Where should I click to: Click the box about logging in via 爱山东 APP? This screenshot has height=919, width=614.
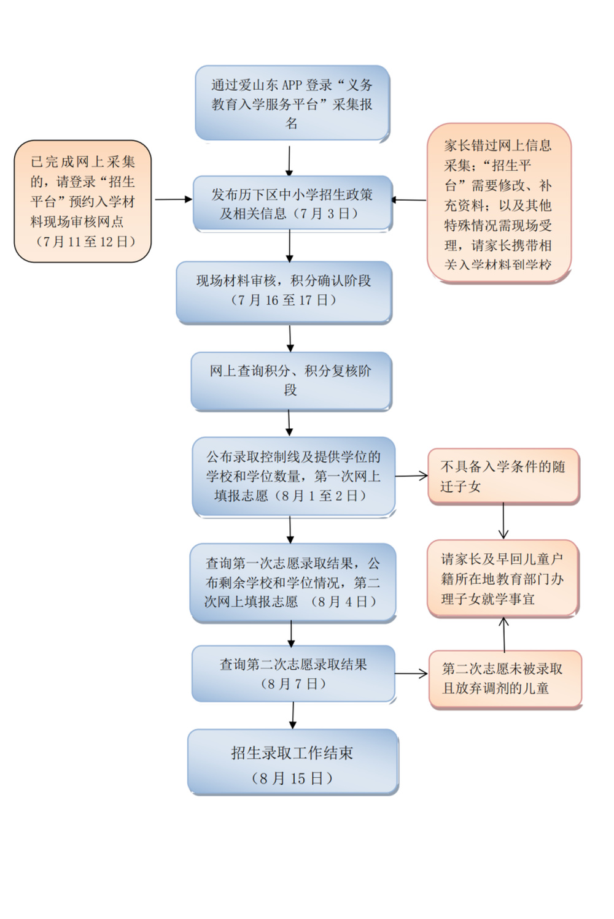coord(292,103)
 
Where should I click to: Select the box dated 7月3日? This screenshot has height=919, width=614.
coord(292,204)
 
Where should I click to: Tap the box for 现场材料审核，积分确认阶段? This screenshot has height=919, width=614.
coord(284,291)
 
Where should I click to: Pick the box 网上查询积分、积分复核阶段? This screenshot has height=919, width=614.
coord(290,380)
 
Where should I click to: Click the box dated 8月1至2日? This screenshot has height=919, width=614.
coord(293,476)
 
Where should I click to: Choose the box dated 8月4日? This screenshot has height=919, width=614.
coord(292,582)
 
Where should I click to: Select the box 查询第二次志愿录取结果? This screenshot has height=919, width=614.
coord(293,673)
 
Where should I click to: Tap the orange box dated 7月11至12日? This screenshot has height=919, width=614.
coord(83,201)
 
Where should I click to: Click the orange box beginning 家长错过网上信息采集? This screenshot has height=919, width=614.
coord(499,204)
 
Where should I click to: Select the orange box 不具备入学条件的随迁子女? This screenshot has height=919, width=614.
coord(503,476)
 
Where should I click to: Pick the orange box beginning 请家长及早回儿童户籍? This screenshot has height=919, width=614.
coord(502,578)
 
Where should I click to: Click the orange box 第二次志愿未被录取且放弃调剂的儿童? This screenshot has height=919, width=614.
coord(505,679)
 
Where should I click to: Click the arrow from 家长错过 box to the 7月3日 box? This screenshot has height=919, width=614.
coord(409,199)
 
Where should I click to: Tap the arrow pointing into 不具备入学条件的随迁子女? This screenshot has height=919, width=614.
coord(411,475)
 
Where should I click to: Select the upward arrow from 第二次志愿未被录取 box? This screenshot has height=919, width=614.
coord(504,634)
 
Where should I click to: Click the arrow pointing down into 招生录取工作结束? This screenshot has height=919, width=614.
coord(293,715)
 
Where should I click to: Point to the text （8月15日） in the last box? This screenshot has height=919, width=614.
coord(292,778)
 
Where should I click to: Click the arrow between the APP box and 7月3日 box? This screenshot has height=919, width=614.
coord(289,161)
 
